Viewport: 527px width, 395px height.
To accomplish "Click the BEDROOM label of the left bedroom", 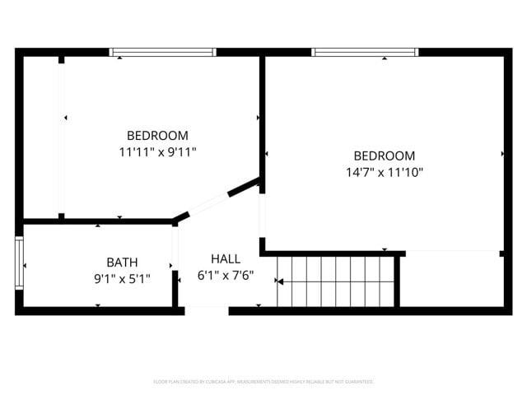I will [157, 136].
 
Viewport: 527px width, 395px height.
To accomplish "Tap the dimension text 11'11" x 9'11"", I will [157, 151].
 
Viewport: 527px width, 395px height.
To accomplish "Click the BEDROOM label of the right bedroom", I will [384, 156].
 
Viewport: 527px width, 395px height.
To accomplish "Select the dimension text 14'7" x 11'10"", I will [384, 172].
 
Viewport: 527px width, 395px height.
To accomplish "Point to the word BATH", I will [122, 263].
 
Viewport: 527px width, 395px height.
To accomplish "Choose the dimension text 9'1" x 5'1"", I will [122, 278].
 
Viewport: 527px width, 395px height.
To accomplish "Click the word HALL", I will [226, 259].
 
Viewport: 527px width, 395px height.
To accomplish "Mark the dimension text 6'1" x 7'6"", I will [226, 276].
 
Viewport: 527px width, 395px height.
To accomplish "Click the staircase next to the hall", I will [338, 281].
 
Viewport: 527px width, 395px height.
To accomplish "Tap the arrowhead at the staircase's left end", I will [279, 282].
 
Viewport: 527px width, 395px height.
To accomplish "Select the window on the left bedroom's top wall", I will [163, 52].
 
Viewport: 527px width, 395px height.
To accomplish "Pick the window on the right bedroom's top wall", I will [365, 52].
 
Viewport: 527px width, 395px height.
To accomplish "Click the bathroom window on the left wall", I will [19, 263].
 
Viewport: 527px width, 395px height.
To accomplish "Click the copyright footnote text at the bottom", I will [263, 382].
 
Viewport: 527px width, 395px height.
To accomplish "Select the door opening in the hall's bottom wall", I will [206, 310].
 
